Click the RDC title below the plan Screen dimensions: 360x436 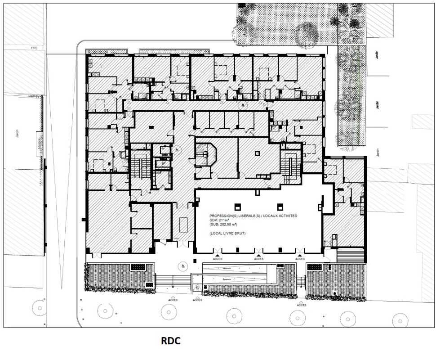tap(171, 341)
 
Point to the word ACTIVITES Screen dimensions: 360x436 tap(289, 216)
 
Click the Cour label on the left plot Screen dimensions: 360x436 tap(34, 47)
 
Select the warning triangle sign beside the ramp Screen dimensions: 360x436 tap(196, 287)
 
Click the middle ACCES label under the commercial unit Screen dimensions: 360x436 tap(259, 259)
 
